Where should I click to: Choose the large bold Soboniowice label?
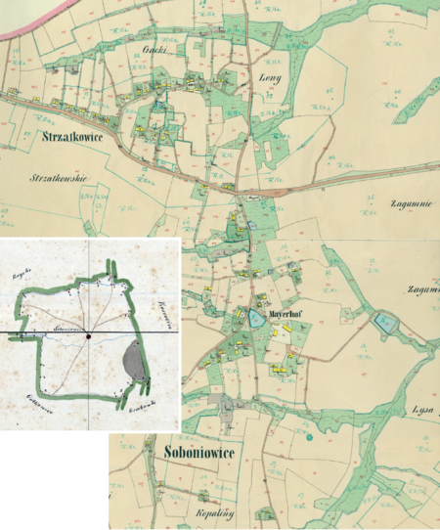(191, 455)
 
